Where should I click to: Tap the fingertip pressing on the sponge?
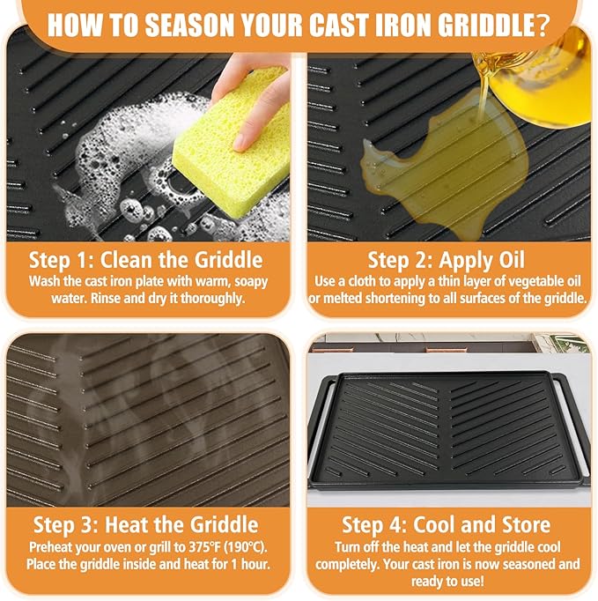(x=242, y=142)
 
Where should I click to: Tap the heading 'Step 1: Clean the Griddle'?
(x=146, y=260)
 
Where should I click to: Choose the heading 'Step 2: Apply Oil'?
(x=447, y=261)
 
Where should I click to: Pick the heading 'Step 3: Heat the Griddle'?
(x=146, y=524)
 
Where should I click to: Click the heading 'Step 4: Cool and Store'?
(x=447, y=524)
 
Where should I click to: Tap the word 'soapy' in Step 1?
(x=251, y=282)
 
